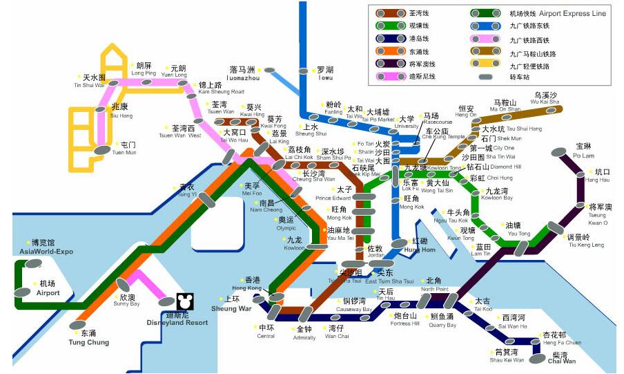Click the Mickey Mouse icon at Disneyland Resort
tap(184, 301)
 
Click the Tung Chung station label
tap(88, 337)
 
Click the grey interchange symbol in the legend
tap(491, 77)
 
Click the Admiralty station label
tap(304, 333)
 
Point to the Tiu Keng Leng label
tap(586, 241)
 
